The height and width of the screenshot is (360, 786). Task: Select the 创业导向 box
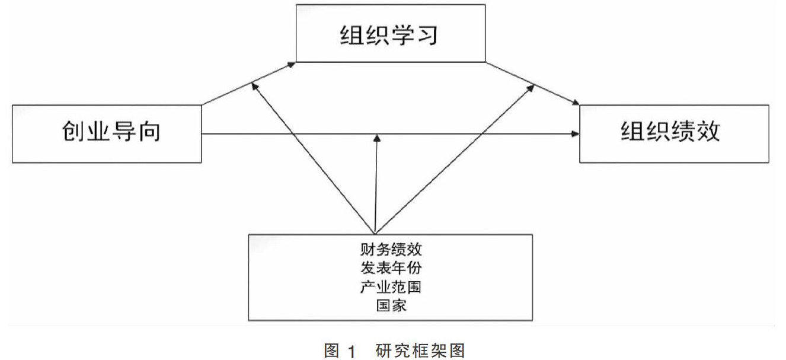point(107,133)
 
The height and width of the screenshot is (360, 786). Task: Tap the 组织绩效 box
point(674,133)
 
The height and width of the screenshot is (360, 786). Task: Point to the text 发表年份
point(391,267)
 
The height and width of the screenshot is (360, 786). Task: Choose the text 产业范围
point(391,287)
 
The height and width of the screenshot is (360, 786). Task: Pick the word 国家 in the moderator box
point(391,306)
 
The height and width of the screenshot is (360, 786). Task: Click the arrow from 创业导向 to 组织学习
point(249,83)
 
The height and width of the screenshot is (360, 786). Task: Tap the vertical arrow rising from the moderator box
point(376,184)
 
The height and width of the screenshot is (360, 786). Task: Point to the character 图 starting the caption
point(331,351)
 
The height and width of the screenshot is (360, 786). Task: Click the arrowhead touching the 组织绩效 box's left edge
point(575,135)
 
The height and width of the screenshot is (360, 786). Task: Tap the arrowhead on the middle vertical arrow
point(376,139)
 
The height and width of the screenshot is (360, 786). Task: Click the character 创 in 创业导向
point(71,132)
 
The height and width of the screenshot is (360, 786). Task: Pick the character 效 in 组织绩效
point(709,132)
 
